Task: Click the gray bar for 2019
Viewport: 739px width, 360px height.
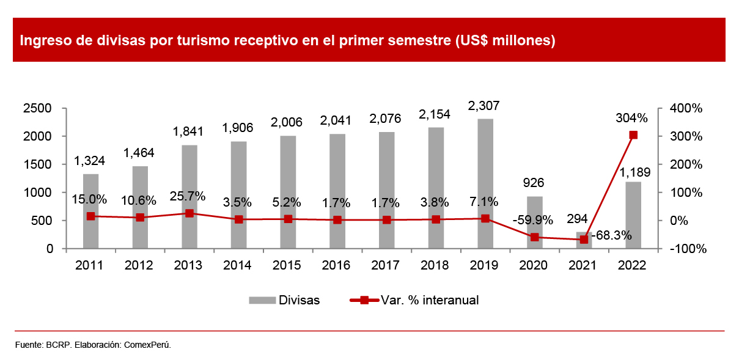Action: [485, 183]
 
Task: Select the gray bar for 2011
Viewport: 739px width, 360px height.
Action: [90, 211]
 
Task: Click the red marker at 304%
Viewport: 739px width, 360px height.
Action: [633, 135]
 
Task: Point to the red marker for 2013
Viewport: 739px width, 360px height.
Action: [189, 213]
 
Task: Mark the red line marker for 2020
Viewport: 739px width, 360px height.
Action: [535, 237]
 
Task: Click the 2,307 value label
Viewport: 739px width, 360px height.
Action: [483, 106]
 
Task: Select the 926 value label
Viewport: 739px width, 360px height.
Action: [534, 183]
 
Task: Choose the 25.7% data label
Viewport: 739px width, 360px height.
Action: [188, 197]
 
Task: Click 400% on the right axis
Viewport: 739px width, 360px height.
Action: [686, 108]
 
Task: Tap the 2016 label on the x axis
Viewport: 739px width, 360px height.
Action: [337, 265]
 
